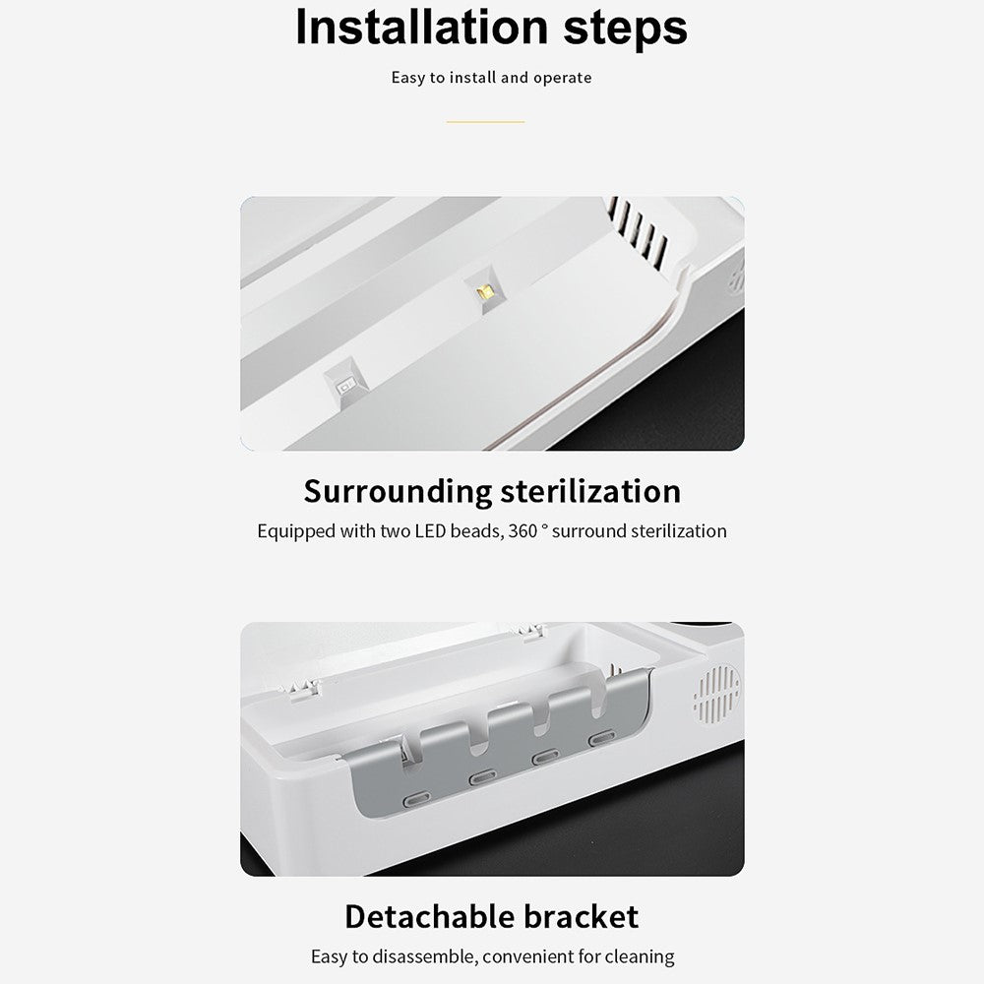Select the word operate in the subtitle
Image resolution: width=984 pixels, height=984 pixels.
click(x=562, y=79)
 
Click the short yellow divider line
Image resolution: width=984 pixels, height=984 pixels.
click(x=485, y=122)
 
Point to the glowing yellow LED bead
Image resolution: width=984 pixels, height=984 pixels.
click(x=485, y=292)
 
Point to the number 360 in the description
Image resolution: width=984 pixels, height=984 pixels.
click(x=523, y=531)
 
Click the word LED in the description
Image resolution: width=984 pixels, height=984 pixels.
click(x=430, y=531)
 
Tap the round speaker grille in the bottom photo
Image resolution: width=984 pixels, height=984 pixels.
click(x=717, y=694)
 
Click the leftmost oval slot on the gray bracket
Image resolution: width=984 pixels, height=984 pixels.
click(x=416, y=800)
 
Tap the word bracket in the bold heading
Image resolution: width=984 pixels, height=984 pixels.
click(x=581, y=917)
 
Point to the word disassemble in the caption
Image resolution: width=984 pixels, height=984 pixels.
click(x=424, y=956)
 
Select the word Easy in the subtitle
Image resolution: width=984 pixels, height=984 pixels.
click(x=408, y=79)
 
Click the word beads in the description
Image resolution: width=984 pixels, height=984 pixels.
click(x=476, y=531)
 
